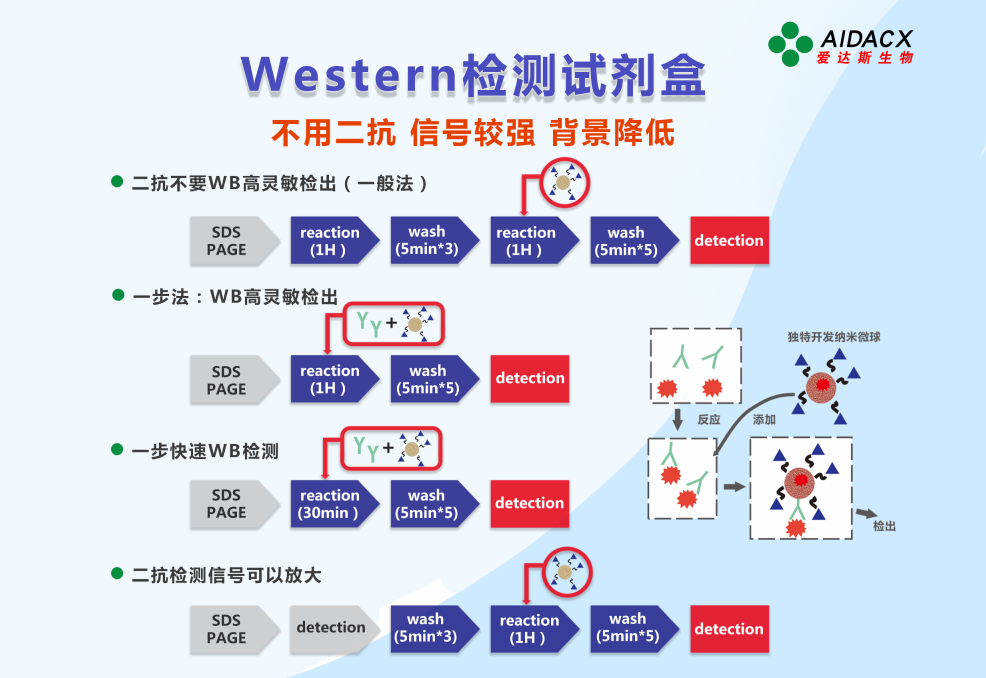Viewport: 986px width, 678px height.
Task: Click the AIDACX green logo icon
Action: [x=790, y=44]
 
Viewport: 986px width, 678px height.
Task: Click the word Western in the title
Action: [x=349, y=75]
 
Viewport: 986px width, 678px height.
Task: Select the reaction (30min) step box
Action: [x=330, y=504]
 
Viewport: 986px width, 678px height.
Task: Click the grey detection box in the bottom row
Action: [x=331, y=628]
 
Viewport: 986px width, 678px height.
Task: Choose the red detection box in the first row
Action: [x=729, y=240]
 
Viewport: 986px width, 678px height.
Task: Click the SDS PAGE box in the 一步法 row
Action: [x=227, y=380]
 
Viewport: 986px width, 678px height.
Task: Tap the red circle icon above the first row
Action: [x=565, y=183]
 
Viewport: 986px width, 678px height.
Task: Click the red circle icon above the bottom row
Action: [x=566, y=573]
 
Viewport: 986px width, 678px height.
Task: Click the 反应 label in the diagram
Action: [x=708, y=420]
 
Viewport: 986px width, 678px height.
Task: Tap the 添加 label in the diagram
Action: [x=764, y=420]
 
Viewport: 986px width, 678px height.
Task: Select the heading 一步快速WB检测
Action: [x=204, y=451]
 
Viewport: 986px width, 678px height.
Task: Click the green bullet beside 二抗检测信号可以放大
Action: [x=117, y=574]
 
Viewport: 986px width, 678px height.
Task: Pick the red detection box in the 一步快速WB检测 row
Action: [x=529, y=504]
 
